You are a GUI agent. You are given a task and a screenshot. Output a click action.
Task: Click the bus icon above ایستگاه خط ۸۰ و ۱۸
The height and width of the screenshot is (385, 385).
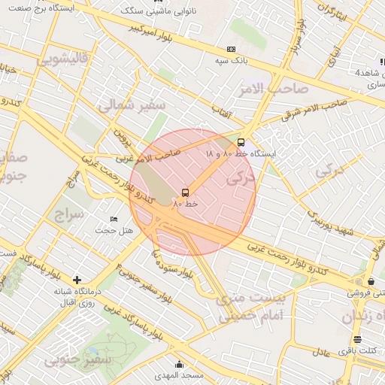(x=241, y=141)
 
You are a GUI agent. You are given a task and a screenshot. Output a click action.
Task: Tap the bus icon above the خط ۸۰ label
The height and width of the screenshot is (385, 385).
(x=186, y=192)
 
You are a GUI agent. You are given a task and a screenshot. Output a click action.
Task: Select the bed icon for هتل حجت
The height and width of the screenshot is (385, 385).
(x=114, y=219)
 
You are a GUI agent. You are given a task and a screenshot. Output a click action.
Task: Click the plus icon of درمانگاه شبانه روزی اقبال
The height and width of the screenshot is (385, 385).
(x=77, y=280)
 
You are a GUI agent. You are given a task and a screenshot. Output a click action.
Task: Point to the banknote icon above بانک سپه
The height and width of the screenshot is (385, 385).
(x=231, y=49)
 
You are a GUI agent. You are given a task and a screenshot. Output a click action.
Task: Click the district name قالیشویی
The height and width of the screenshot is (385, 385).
(x=65, y=58)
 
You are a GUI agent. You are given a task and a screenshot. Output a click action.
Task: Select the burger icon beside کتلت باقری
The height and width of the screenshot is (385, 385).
(x=356, y=338)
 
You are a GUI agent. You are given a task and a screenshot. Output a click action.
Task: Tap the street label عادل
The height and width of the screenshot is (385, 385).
(x=322, y=353)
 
